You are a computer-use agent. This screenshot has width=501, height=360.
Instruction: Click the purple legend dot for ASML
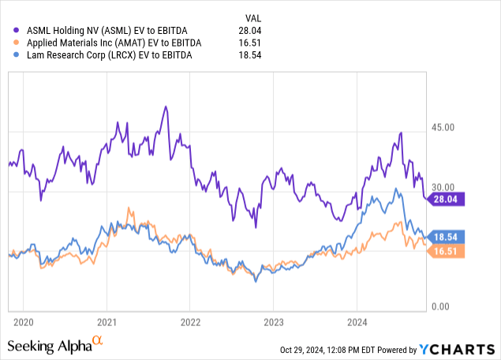(12, 30)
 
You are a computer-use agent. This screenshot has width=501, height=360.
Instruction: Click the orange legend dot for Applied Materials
(12, 43)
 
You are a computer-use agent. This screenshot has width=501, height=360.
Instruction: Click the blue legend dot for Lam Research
(12, 55)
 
